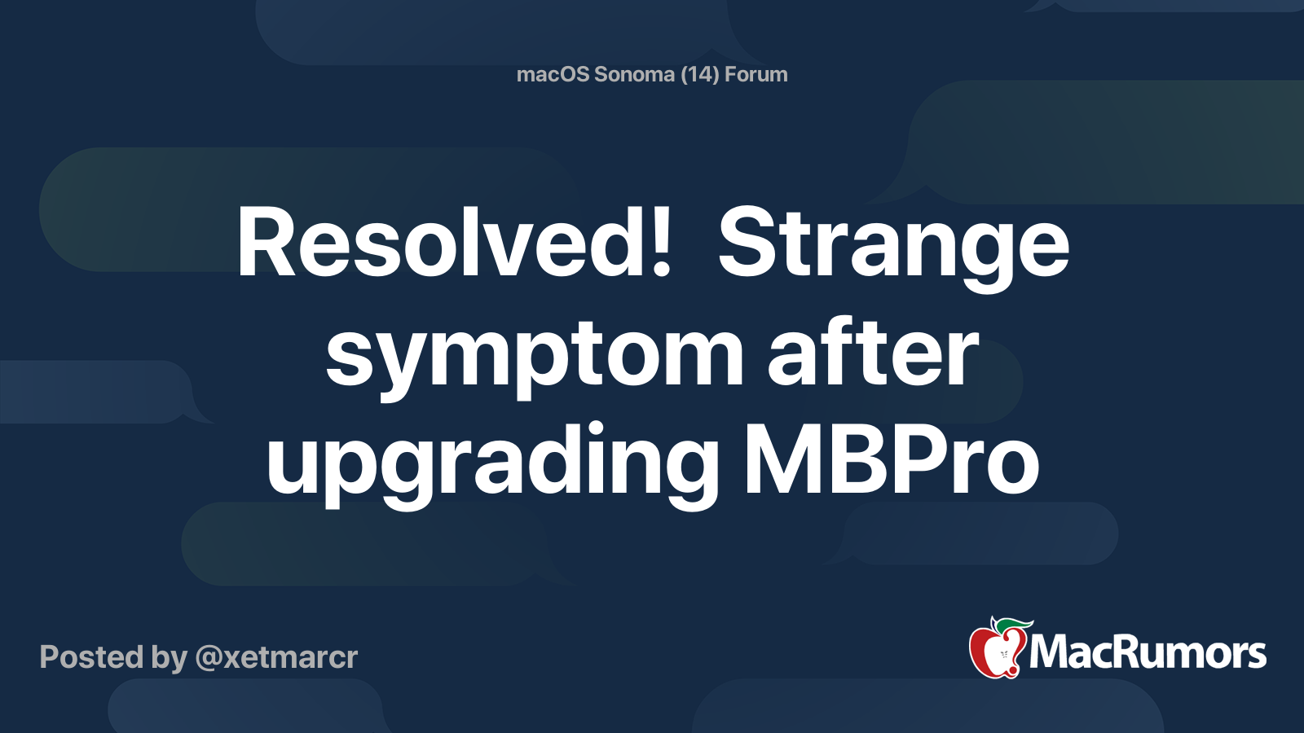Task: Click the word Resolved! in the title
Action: [453, 244]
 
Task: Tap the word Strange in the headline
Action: [893, 244]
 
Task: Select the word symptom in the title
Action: [534, 355]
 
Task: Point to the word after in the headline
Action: [873, 355]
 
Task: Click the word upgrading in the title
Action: [492, 463]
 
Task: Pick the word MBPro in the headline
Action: [891, 463]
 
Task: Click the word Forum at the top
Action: [756, 74]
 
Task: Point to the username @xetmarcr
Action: [276, 657]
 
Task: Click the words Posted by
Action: [113, 657]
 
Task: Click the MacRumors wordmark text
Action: [1148, 653]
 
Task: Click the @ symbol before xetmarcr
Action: [209, 658]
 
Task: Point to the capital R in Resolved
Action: [266, 244]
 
